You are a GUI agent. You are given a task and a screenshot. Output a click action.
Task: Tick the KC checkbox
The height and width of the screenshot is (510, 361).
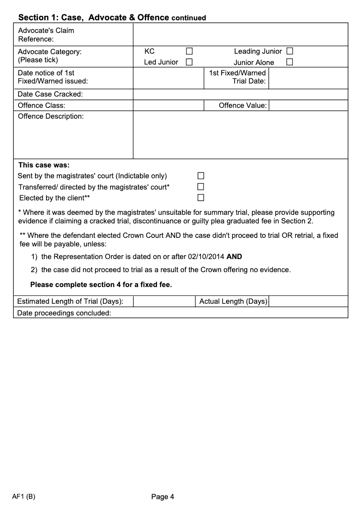(x=190, y=51)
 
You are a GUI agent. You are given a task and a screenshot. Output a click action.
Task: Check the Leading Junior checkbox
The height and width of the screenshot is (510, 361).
(x=290, y=51)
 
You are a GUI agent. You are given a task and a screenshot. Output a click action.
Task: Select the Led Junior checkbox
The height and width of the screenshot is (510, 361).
(x=190, y=62)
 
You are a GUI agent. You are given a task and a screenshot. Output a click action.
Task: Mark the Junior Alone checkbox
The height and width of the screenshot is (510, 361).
(x=290, y=62)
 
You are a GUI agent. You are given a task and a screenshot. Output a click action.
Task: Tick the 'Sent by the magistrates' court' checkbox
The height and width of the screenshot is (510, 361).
(x=201, y=176)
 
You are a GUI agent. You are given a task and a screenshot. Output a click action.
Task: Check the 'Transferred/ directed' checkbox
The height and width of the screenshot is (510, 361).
(x=201, y=186)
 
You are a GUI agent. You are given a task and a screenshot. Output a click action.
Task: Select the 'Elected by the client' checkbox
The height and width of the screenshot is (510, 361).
(x=201, y=197)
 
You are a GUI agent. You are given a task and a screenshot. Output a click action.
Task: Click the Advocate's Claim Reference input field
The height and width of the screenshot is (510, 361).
(x=240, y=35)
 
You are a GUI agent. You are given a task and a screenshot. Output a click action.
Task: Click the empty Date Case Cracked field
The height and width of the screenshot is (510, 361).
(x=240, y=94)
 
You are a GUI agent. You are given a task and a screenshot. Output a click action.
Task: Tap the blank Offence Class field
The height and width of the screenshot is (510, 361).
(x=168, y=106)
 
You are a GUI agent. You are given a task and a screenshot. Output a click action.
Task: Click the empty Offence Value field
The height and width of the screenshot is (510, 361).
(x=308, y=106)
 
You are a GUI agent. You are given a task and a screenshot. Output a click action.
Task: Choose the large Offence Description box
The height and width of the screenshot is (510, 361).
(x=240, y=135)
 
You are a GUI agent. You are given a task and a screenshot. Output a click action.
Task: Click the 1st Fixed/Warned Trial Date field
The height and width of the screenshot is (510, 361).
(x=308, y=78)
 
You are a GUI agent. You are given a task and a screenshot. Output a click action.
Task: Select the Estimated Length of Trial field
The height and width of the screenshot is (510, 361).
(x=164, y=301)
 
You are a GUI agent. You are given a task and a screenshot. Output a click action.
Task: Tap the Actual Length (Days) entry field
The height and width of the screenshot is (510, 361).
(x=308, y=301)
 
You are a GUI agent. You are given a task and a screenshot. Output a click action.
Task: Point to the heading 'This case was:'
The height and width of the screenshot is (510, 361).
(x=44, y=165)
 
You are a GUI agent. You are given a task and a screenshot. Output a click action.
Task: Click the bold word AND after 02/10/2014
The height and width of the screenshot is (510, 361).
(x=234, y=257)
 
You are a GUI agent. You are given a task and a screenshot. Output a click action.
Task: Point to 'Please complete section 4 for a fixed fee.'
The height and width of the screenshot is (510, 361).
(x=101, y=285)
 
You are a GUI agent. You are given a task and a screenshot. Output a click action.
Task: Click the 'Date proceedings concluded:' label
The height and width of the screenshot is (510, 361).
(x=64, y=313)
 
